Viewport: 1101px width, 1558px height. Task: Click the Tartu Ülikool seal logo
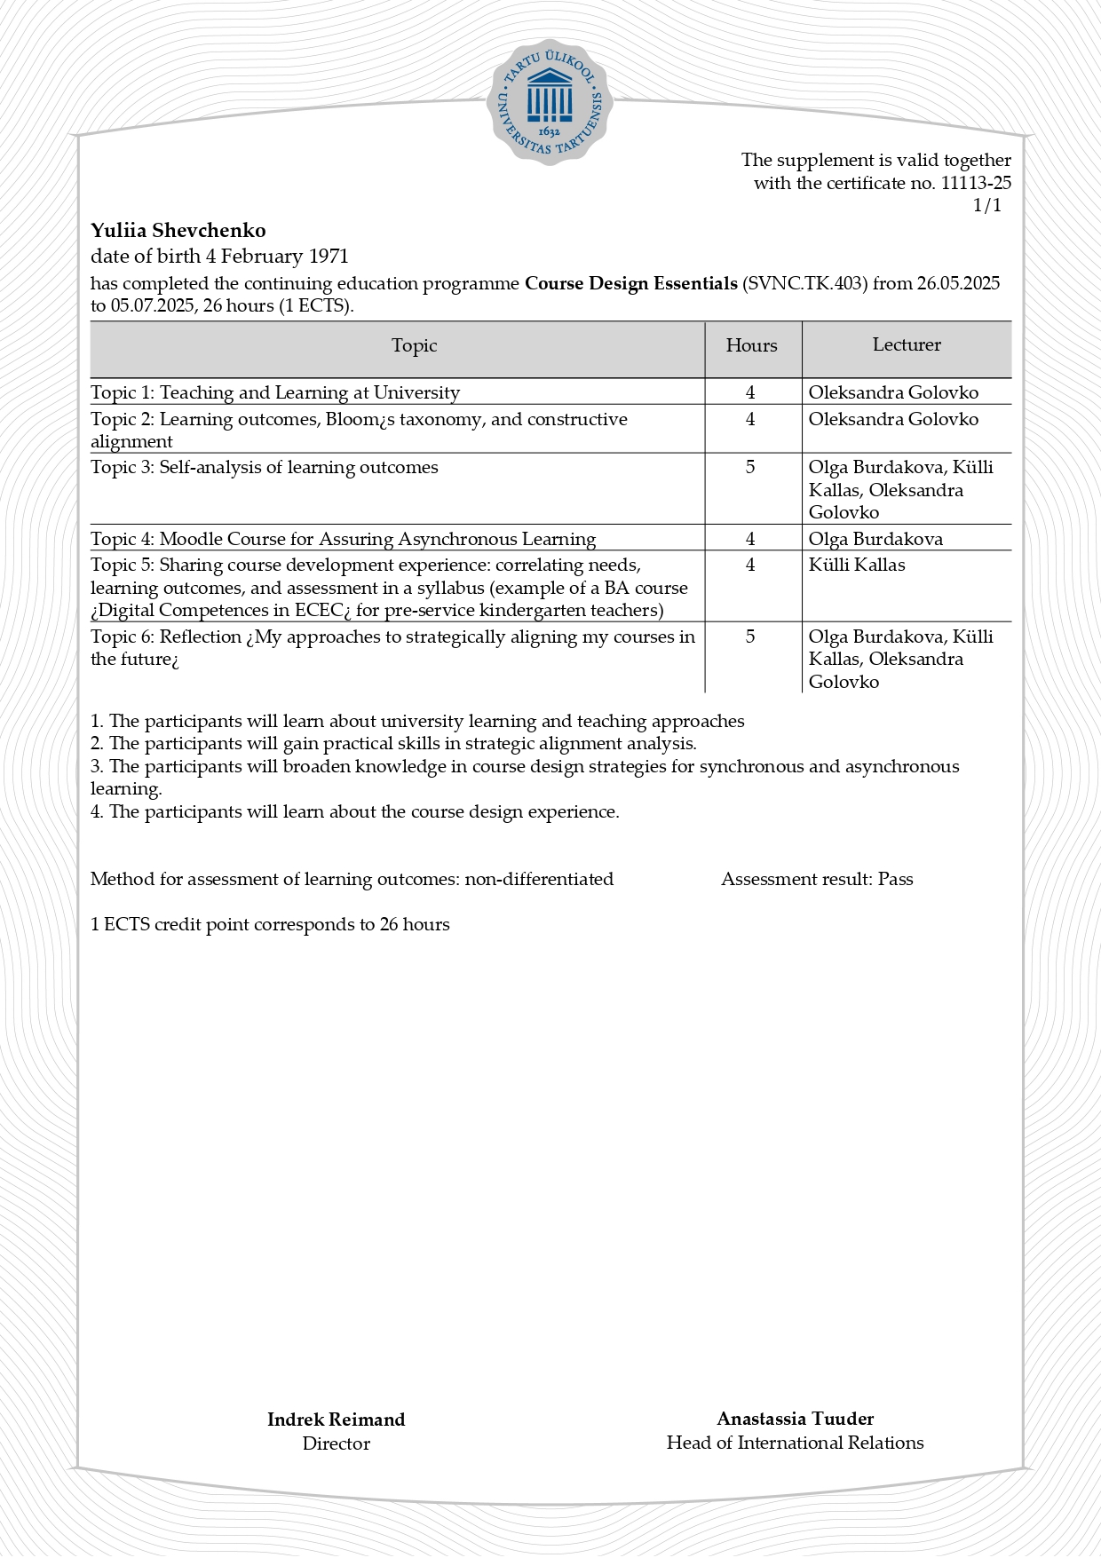pyautogui.click(x=550, y=101)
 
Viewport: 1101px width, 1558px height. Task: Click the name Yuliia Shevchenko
pyautogui.click(x=178, y=231)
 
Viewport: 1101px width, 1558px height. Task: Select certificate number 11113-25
pyautogui.click(x=976, y=183)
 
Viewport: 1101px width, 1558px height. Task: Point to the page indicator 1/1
pyautogui.click(x=987, y=206)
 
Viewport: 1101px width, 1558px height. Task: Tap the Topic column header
pyautogui.click(x=414, y=345)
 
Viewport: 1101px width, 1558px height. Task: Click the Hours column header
pyautogui.click(x=751, y=345)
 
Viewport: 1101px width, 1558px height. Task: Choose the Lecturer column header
pyautogui.click(x=907, y=344)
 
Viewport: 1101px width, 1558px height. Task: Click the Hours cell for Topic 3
pyautogui.click(x=750, y=467)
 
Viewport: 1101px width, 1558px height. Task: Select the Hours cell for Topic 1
pyautogui.click(x=750, y=392)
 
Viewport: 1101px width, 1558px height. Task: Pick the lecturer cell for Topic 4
pyautogui.click(x=875, y=539)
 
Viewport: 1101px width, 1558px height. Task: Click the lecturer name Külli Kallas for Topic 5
pyautogui.click(x=857, y=565)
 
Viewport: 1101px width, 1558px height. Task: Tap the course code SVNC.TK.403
pyautogui.click(x=804, y=283)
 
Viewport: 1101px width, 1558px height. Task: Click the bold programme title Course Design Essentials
pyautogui.click(x=630, y=283)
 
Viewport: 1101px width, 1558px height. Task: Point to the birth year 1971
pyautogui.click(x=329, y=257)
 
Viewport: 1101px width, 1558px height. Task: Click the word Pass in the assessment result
pyautogui.click(x=895, y=879)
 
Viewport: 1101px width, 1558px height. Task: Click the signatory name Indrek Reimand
pyautogui.click(x=336, y=1420)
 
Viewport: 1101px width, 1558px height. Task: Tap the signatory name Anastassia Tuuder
pyautogui.click(x=795, y=1419)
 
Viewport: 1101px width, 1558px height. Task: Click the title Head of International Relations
pyautogui.click(x=795, y=1443)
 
